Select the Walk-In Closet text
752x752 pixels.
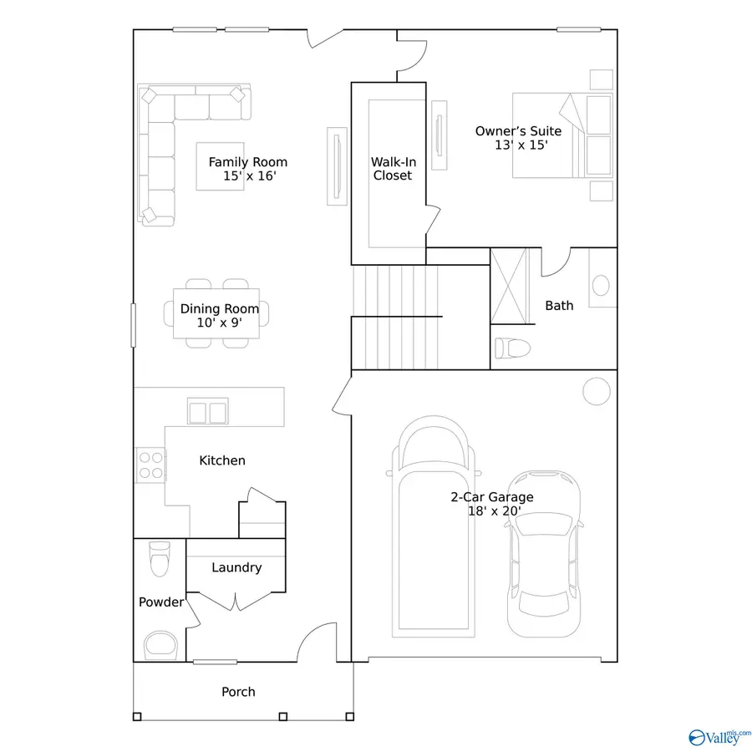point(392,169)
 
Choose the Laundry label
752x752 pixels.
point(236,567)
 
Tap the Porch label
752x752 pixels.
point(238,692)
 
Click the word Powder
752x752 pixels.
point(160,602)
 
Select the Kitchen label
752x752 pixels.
point(222,460)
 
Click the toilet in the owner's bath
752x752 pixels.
point(508,347)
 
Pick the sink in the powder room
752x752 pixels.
point(160,646)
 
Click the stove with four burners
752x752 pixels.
point(150,465)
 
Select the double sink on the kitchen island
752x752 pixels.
point(208,412)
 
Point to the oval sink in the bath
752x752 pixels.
point(601,286)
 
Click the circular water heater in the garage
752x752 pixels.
point(597,391)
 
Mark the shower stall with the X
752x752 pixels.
point(510,286)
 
